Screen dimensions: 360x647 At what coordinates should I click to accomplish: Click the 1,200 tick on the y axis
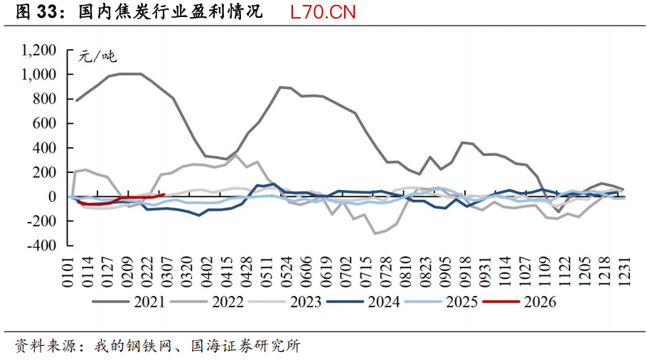coord(39,50)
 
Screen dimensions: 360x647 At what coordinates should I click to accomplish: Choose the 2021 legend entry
coord(149,302)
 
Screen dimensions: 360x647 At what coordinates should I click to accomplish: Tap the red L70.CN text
coord(323,12)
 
